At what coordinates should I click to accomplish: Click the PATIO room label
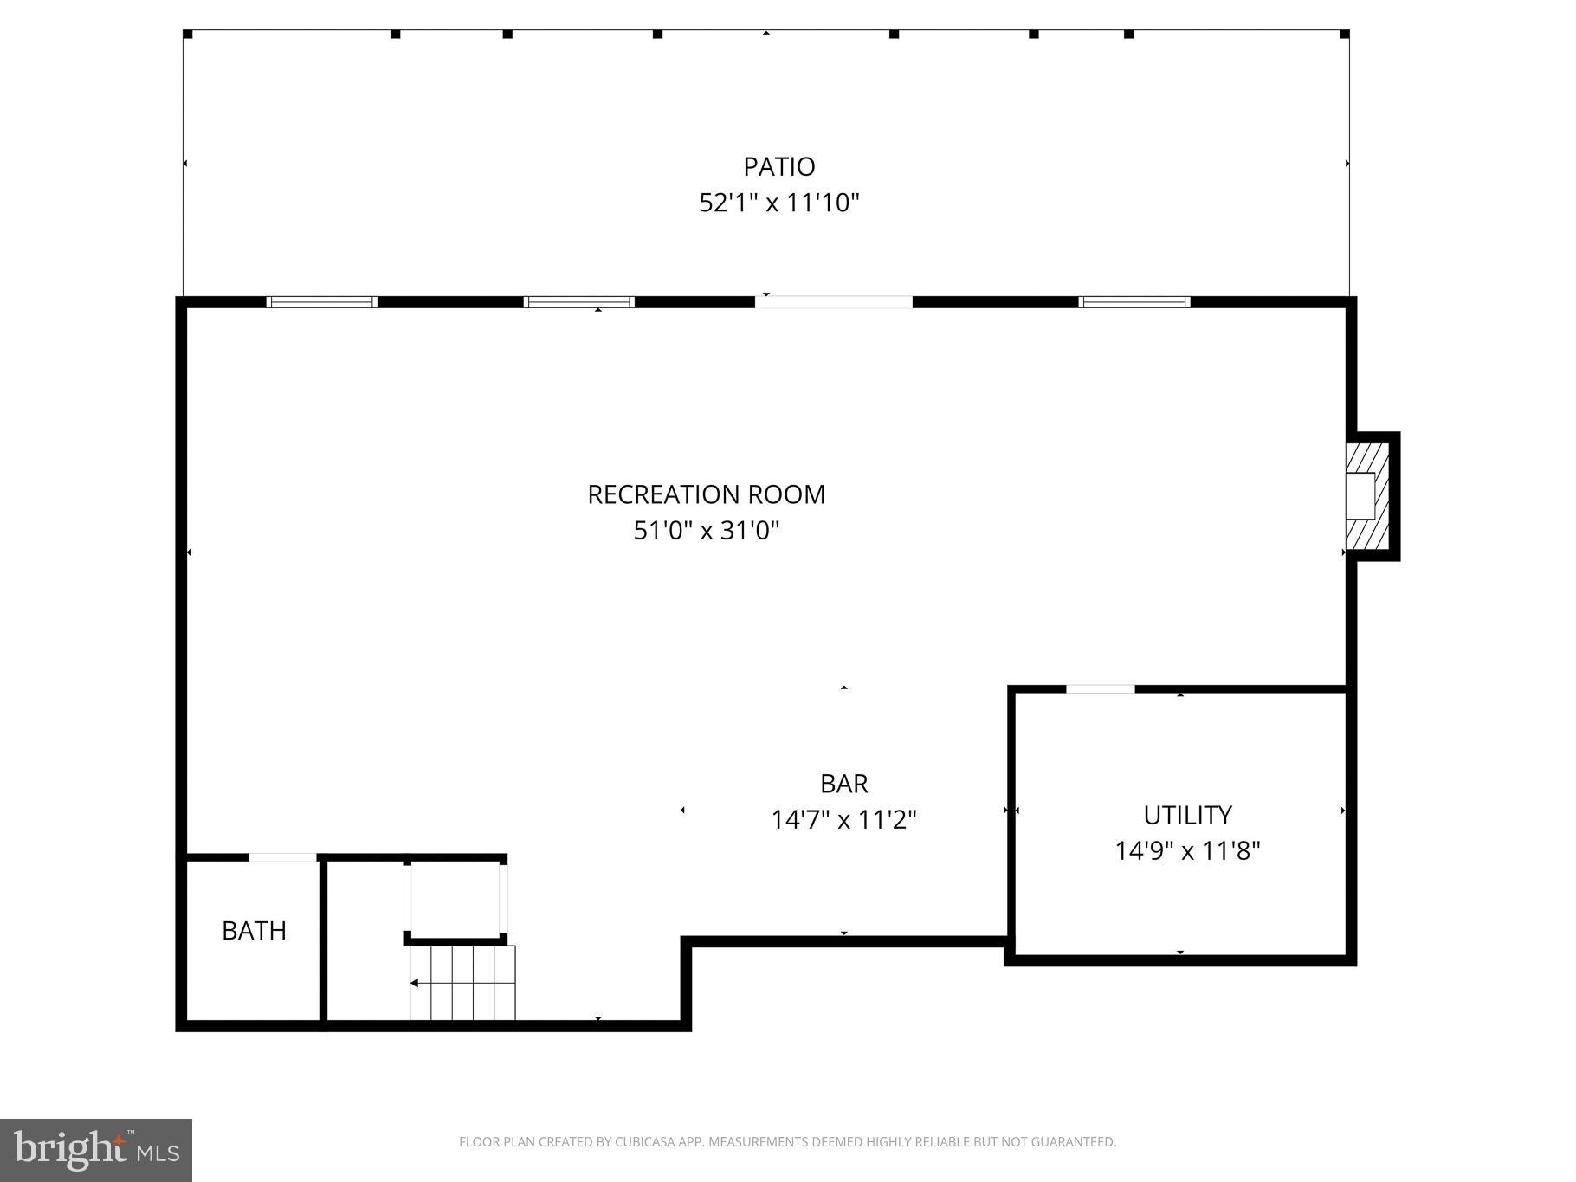click(778, 166)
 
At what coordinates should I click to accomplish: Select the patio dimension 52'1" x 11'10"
click(778, 203)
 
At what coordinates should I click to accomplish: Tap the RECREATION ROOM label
click(706, 494)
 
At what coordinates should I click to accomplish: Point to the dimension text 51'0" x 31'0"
click(706, 530)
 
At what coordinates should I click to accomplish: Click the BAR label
click(843, 784)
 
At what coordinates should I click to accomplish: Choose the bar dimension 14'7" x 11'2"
click(843, 819)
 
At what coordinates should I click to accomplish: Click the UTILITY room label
click(1187, 815)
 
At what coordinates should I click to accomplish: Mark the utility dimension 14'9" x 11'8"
click(1187, 851)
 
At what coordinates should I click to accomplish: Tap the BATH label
click(254, 930)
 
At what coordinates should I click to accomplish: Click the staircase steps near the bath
click(462, 983)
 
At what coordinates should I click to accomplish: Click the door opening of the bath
click(282, 857)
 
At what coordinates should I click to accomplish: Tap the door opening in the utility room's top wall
click(1100, 689)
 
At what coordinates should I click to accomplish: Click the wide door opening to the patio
click(833, 302)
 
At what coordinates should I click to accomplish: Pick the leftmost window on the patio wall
click(321, 302)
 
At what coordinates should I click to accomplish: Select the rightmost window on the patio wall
click(1134, 302)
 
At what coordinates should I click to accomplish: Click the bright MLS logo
click(96, 1150)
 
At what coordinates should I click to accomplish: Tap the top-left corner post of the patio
click(188, 35)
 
